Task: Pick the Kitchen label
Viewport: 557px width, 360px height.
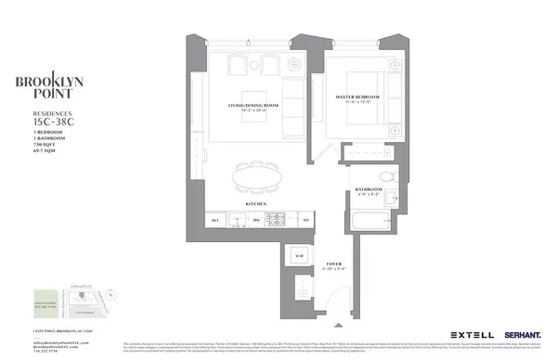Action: pyautogui.click(x=257, y=203)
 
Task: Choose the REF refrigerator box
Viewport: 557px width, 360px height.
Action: pyautogui.click(x=215, y=220)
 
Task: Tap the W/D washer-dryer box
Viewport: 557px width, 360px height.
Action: pyautogui.click(x=299, y=256)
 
